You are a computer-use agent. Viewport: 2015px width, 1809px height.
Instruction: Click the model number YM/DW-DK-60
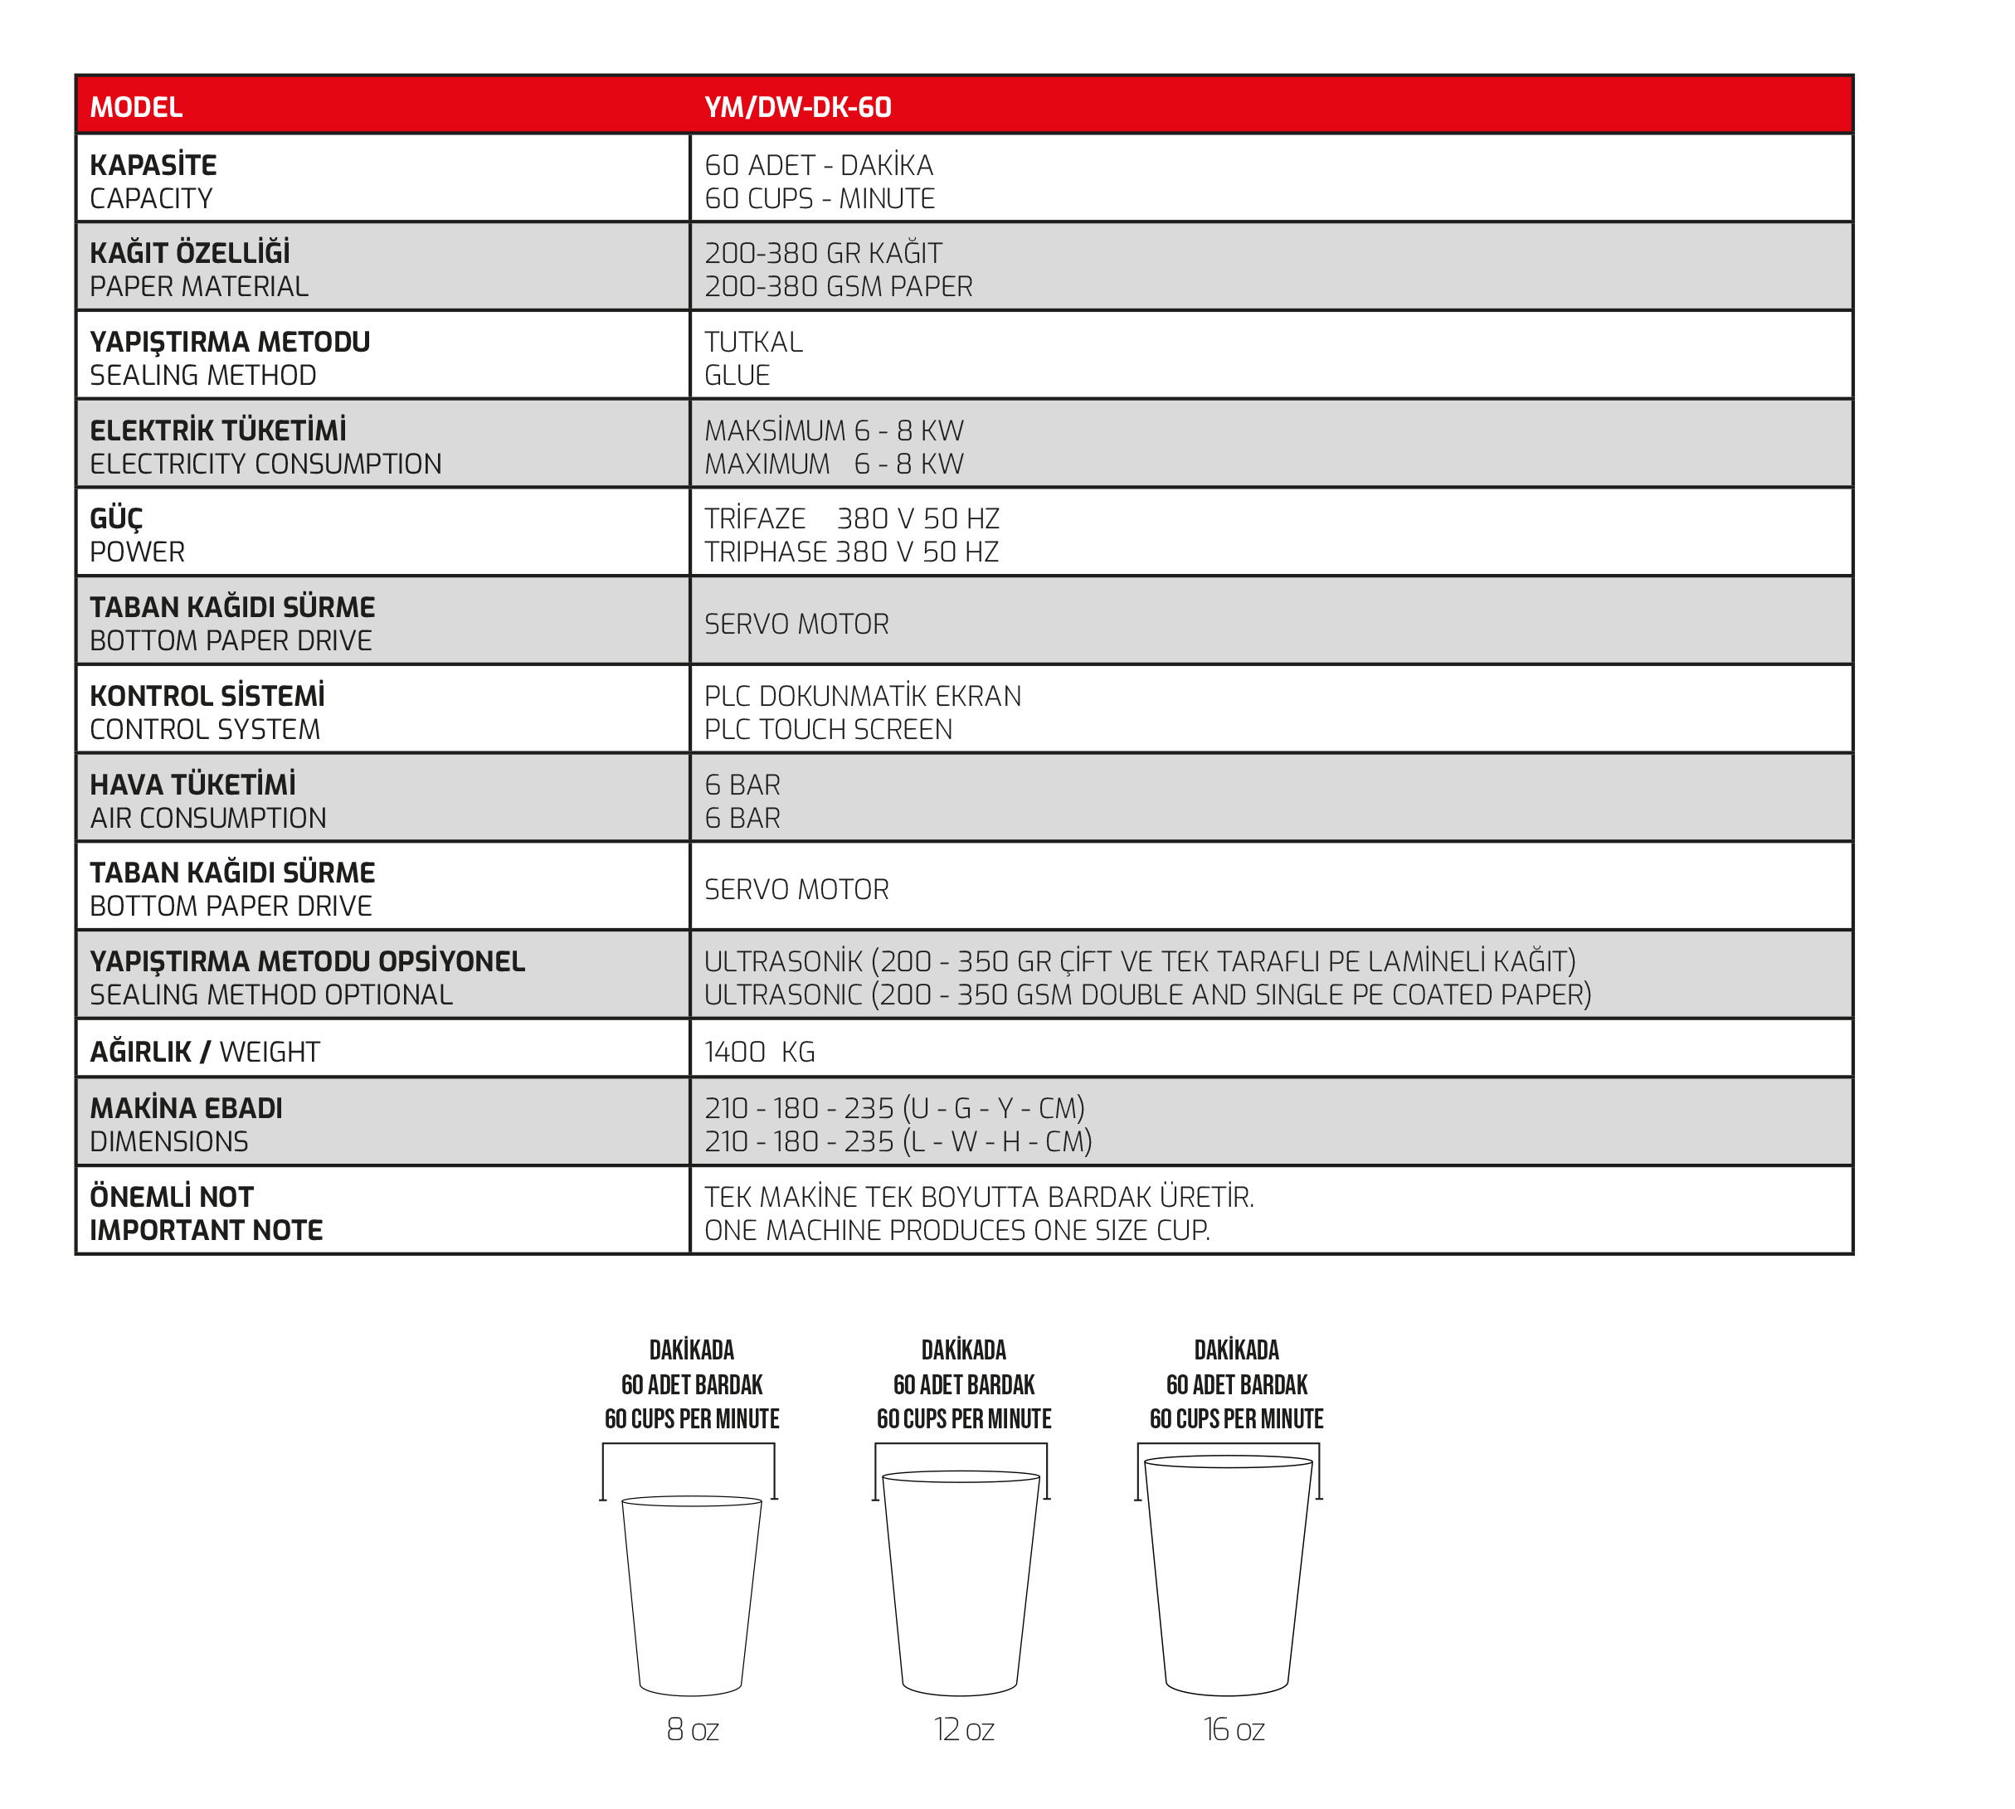797,107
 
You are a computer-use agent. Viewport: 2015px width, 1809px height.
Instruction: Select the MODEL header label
136,107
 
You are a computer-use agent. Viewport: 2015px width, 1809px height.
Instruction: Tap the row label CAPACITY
151,199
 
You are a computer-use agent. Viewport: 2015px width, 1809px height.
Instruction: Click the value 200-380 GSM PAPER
838,286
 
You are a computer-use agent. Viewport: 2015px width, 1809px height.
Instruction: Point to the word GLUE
737,376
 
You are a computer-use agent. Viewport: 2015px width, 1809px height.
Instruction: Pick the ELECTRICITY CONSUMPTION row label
265,464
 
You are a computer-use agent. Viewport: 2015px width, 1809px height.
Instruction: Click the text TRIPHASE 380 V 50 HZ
851,552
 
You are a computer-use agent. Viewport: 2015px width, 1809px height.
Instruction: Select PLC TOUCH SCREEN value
828,730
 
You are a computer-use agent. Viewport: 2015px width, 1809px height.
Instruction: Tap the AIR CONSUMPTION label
207,818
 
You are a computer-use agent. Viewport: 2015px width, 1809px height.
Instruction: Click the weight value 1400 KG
760,1052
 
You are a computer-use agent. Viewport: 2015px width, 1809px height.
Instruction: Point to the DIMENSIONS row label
169,1141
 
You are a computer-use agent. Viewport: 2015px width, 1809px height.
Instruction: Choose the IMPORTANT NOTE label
206,1231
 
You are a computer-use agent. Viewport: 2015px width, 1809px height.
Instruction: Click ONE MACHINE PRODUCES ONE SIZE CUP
956,1231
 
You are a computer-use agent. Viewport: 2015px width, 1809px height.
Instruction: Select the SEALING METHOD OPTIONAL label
270,995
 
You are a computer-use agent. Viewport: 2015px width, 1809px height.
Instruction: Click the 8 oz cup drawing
691,1594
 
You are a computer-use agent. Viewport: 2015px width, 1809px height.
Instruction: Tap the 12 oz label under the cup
963,1730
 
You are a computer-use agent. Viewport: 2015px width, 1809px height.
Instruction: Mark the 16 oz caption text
1234,1730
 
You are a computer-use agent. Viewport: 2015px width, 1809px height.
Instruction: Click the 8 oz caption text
692,1730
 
